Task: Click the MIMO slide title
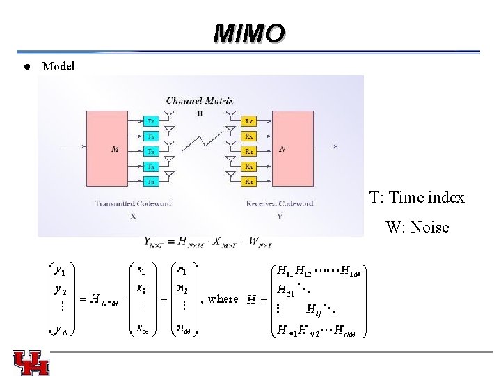pyautogui.click(x=250, y=33)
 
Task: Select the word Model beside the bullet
pyautogui.click(x=58, y=67)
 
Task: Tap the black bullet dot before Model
pyautogui.click(x=25, y=67)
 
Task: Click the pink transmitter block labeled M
pyautogui.click(x=114, y=148)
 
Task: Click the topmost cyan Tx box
pyautogui.click(x=152, y=120)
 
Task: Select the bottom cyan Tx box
pyautogui.click(x=152, y=182)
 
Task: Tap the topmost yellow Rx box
pyautogui.click(x=248, y=120)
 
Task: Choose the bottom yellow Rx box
pyautogui.click(x=248, y=182)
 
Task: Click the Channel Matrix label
pyautogui.click(x=200, y=101)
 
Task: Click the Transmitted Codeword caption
pyautogui.click(x=133, y=203)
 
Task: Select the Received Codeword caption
pyautogui.click(x=280, y=203)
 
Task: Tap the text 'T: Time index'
pyautogui.click(x=417, y=198)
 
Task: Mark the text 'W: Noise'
pyautogui.click(x=417, y=227)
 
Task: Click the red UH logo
pyautogui.click(x=31, y=362)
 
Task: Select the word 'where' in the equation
pyautogui.click(x=223, y=299)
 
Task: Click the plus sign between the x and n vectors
pyautogui.click(x=164, y=299)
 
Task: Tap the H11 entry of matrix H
pyautogui.click(x=285, y=270)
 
